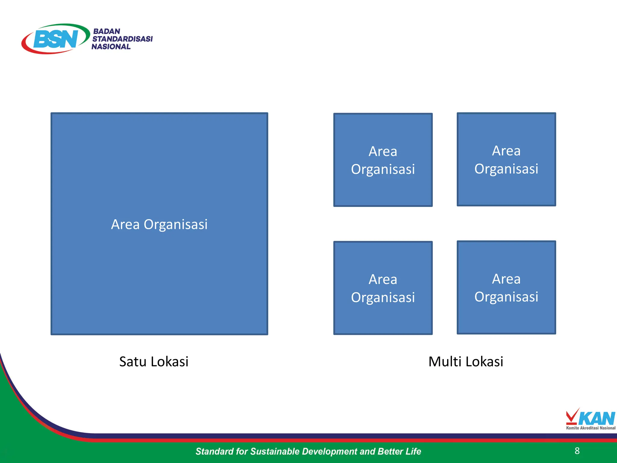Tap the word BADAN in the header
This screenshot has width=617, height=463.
107,31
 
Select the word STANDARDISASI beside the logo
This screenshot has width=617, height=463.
122,39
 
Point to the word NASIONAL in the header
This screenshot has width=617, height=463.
111,47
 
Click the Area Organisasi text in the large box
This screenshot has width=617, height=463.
159,224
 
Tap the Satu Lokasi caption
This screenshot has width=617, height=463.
154,361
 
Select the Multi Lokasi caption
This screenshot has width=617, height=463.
466,361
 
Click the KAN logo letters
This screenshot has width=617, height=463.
597,418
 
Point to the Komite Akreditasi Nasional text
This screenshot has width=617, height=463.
590,428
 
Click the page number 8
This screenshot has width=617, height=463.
577,451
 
